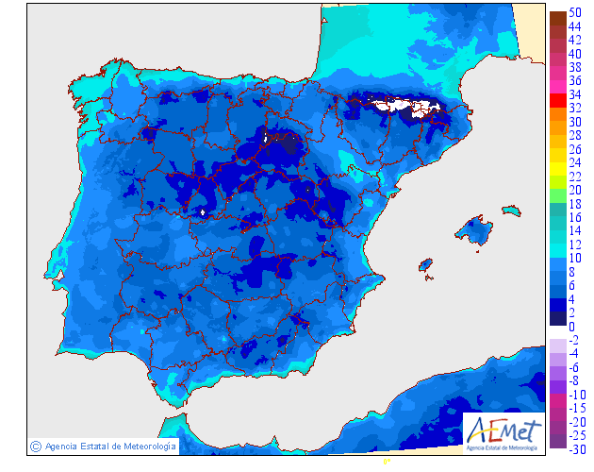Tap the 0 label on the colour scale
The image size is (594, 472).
pyautogui.click(x=571, y=326)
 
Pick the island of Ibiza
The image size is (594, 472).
pyautogui.click(x=425, y=265)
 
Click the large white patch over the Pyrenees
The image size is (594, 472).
pyautogui.click(x=396, y=106)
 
